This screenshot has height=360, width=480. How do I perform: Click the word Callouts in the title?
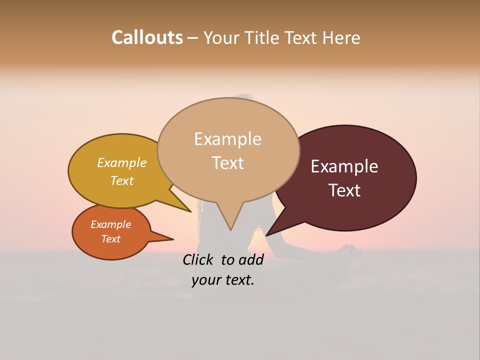point(147,37)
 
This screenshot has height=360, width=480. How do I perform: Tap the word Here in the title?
point(341,38)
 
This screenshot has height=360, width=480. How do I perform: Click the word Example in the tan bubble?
point(227,139)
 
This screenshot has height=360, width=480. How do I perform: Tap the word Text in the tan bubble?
point(227,163)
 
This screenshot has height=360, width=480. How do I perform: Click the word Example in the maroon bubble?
point(344,166)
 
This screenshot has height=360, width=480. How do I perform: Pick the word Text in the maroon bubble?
point(345,190)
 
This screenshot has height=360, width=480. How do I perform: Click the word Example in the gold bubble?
point(121,163)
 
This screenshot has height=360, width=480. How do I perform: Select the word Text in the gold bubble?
point(121,181)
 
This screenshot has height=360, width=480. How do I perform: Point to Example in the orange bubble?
point(110,224)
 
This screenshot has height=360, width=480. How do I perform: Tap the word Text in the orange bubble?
point(110,239)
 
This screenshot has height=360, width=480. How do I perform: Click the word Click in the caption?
point(198,259)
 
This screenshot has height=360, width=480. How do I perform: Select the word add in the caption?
point(251,259)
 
